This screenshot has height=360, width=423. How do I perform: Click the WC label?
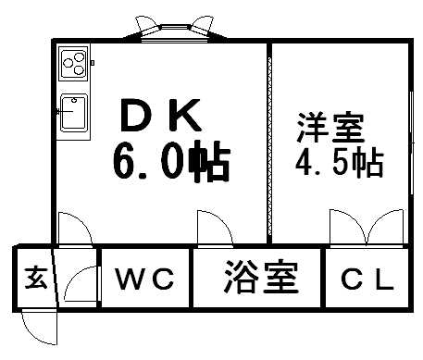click(x=145, y=279)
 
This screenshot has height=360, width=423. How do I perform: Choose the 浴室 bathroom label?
click(x=259, y=278)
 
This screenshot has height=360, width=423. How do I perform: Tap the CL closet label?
click(x=368, y=279)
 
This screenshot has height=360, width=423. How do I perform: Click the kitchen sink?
click(x=72, y=114)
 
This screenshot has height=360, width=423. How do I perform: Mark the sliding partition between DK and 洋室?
click(x=268, y=139)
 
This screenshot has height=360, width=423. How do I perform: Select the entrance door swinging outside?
click(x=37, y=325)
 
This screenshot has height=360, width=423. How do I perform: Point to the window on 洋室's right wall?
click(x=410, y=139)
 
